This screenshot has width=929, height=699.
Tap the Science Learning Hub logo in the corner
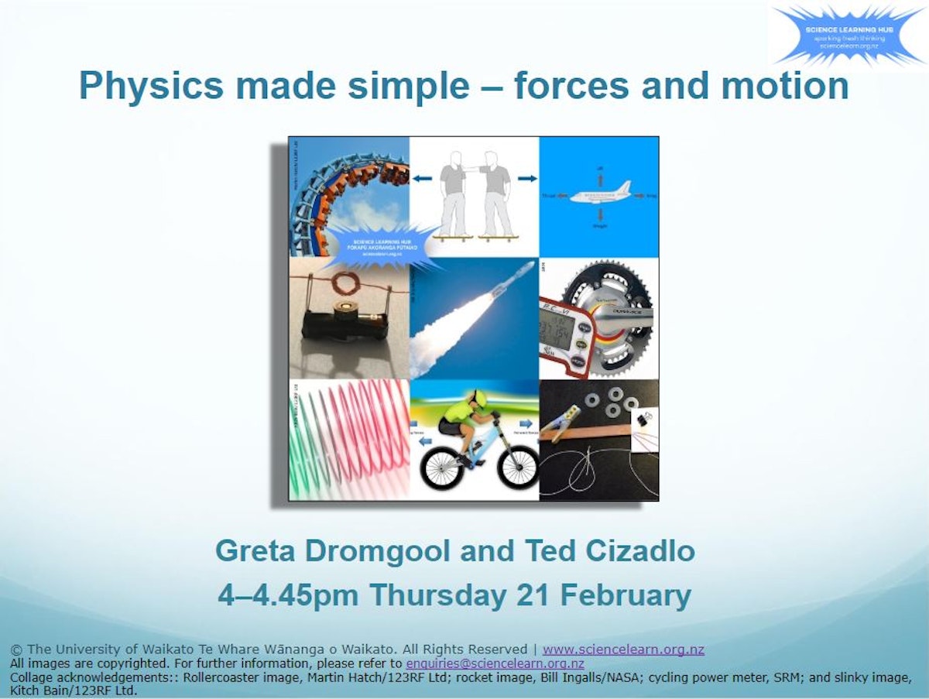coord(849,36)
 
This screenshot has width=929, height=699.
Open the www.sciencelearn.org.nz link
coord(623,649)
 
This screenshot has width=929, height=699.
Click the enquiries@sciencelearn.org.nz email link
coord(495,663)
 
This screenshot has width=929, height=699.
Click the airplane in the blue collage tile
coord(599,194)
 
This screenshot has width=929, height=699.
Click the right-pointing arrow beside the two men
coord(526,179)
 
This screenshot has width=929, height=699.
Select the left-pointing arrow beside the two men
coord(422,179)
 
